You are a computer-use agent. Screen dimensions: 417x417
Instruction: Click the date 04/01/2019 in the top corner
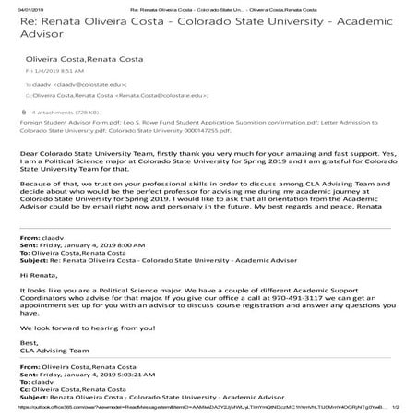[18, 6]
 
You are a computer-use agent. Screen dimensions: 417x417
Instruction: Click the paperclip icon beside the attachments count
[22, 113]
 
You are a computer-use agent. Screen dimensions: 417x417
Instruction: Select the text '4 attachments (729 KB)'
[58, 113]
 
